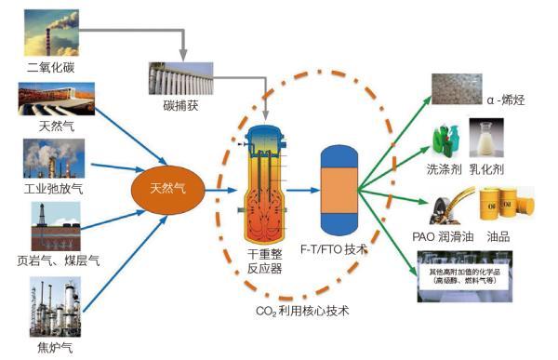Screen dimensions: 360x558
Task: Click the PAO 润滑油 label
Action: tap(441, 237)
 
